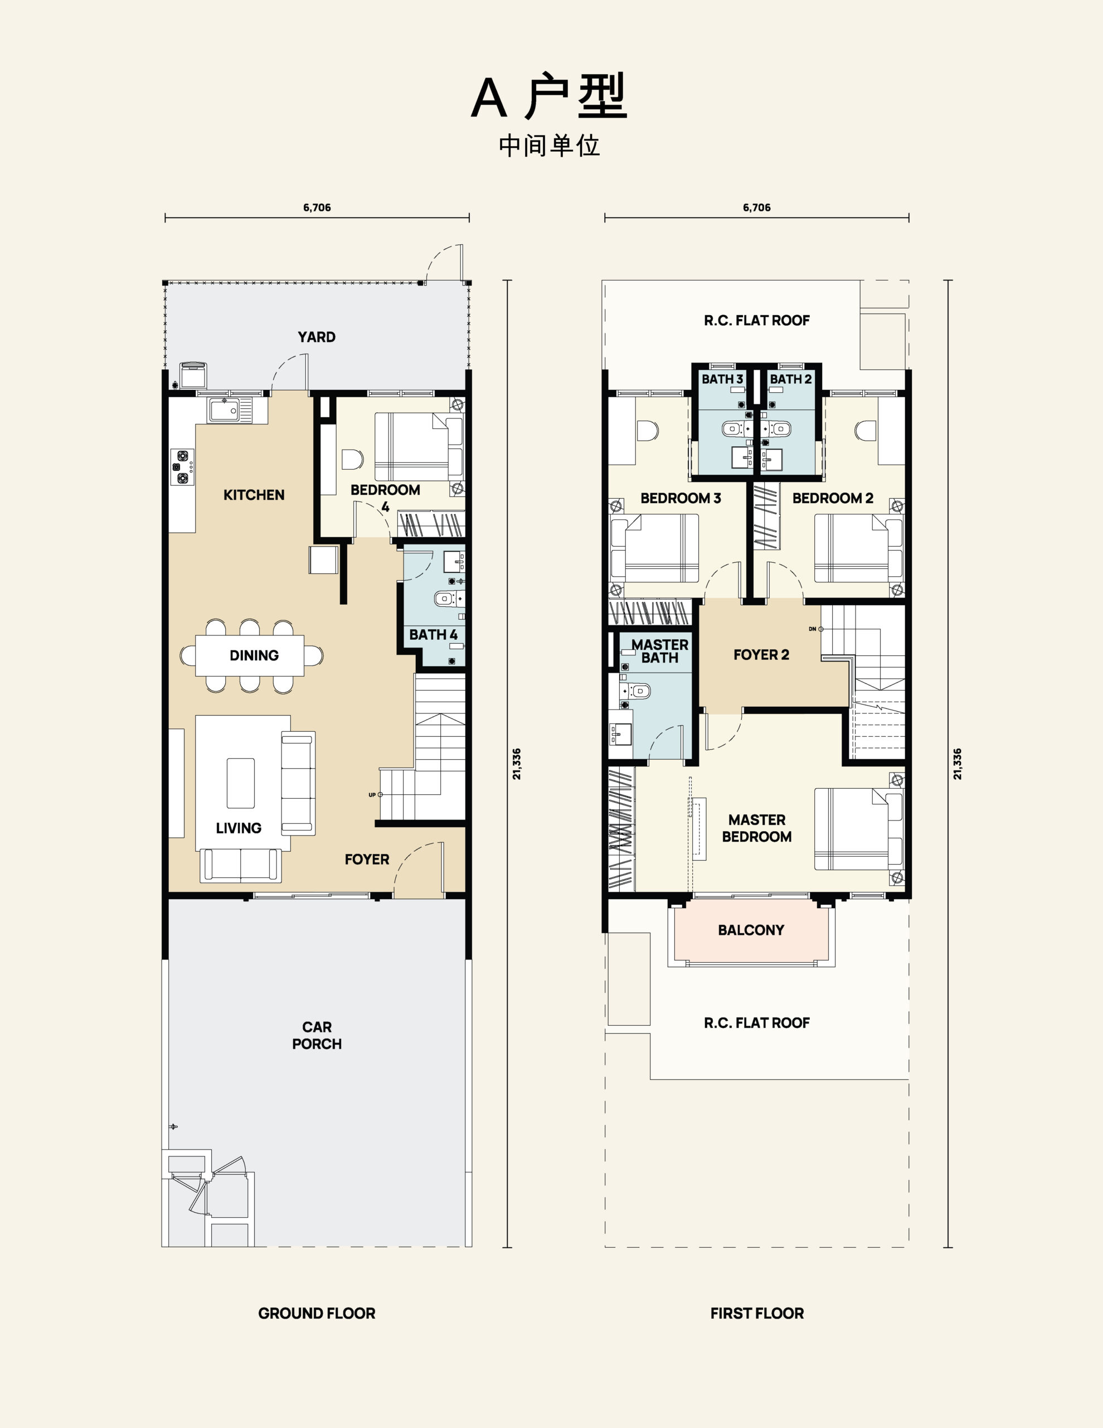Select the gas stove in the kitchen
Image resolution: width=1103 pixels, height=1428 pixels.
183,467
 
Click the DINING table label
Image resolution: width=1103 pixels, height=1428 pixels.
254,655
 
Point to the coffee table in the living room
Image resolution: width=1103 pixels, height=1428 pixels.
240,783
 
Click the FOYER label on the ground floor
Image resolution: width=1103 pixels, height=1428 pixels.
367,860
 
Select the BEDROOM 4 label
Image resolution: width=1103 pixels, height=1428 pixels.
385,498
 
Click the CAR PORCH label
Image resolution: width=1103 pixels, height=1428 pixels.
317,1035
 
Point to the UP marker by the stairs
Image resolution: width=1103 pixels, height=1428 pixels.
372,795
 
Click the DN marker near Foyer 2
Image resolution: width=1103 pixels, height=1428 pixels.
812,629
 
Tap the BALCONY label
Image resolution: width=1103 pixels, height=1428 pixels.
751,930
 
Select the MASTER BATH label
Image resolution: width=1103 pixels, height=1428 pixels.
659,651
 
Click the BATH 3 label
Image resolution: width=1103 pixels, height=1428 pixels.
722,379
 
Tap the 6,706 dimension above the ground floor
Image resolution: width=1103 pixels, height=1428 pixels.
317,208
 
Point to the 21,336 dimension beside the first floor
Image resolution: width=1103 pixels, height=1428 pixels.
958,764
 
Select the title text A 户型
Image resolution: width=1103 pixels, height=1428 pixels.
550,97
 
